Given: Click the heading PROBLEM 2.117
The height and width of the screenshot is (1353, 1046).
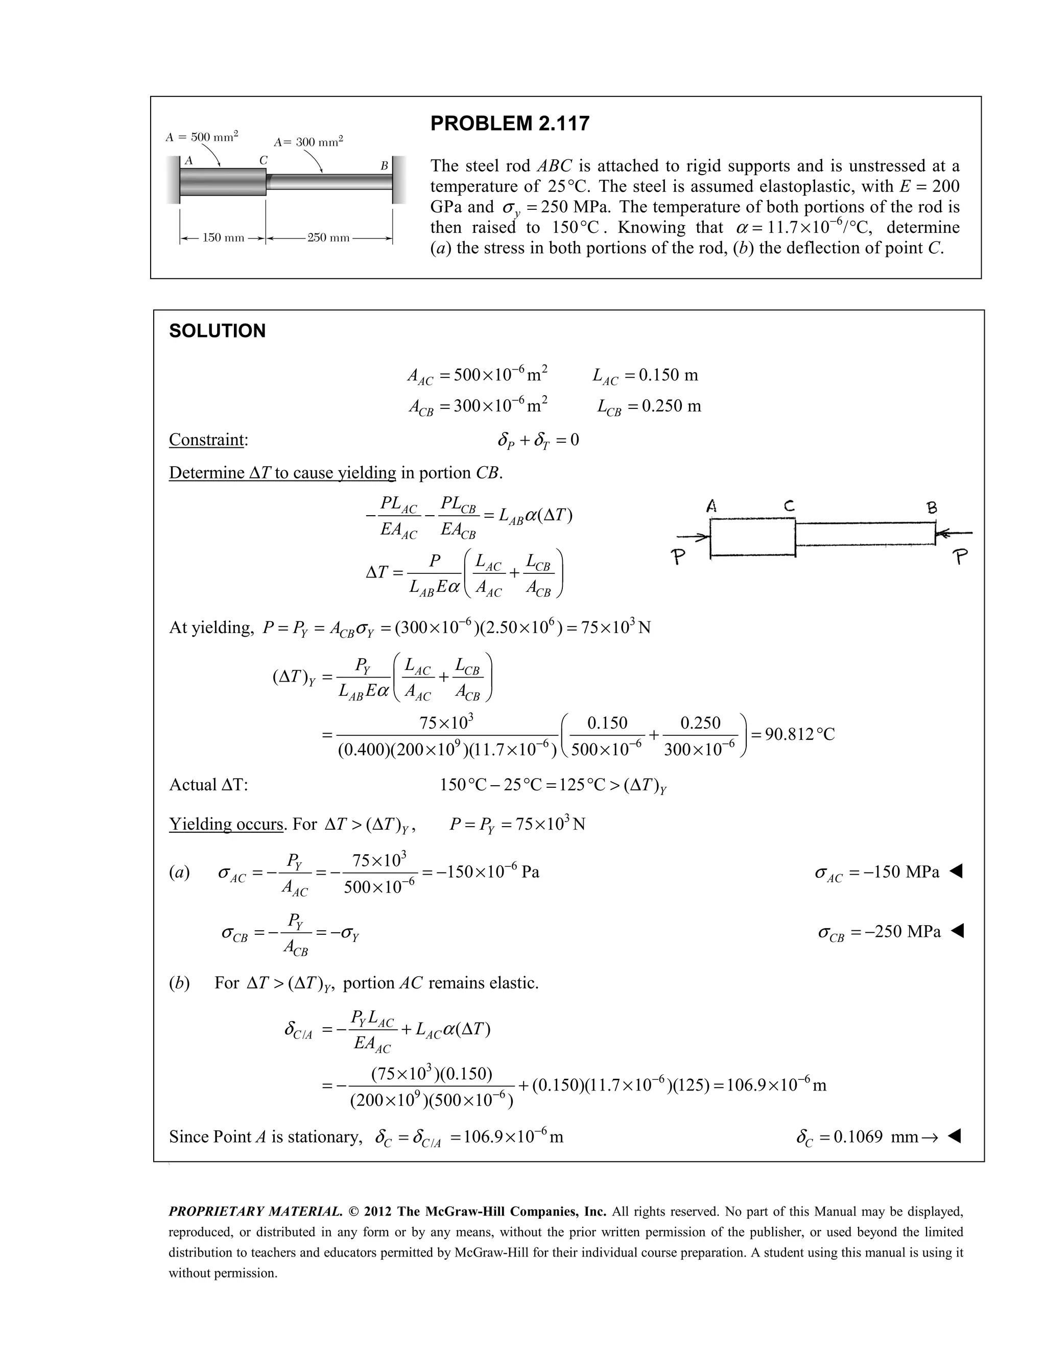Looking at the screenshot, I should (x=509, y=124).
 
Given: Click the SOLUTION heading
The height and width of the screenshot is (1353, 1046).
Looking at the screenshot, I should (x=217, y=331).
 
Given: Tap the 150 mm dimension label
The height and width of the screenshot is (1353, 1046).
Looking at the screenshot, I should (x=223, y=238).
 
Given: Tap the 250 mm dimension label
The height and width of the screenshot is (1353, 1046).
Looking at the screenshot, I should (x=328, y=238).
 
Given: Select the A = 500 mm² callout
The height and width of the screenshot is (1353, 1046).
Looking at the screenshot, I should (x=202, y=137).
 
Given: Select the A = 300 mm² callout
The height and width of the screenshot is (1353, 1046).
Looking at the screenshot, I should (x=308, y=142).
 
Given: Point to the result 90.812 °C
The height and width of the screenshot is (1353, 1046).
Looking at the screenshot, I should (x=799, y=735).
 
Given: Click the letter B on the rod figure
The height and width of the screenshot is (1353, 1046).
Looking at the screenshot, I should (x=384, y=166).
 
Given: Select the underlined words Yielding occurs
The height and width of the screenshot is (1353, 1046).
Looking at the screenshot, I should (x=226, y=825).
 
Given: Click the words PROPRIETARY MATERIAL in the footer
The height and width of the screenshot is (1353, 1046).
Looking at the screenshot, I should (x=255, y=1212).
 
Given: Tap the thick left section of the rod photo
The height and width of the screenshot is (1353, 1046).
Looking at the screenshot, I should (x=223, y=182).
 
